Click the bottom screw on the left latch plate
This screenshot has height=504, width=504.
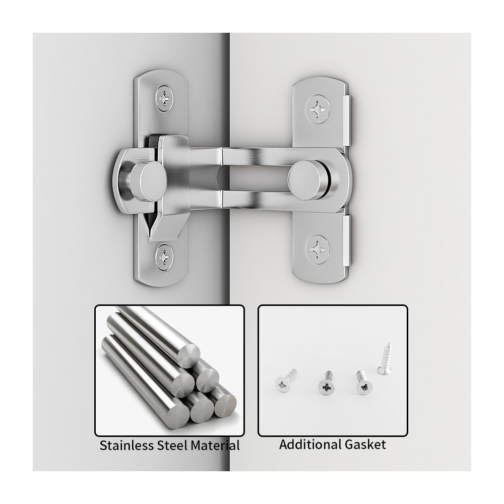pyautogui.click(x=164, y=257)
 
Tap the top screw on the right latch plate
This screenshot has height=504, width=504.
pyautogui.click(x=318, y=110)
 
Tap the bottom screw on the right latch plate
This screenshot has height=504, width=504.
pyautogui.click(x=318, y=250)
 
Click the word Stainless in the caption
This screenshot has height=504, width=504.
pyautogui.click(x=127, y=446)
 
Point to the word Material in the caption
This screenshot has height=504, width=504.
pyautogui.click(x=215, y=446)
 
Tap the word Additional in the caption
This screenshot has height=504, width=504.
pyautogui.click(x=310, y=445)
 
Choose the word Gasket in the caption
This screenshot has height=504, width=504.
pyautogui.click(x=365, y=445)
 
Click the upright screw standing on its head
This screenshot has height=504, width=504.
pyautogui.click(x=385, y=358)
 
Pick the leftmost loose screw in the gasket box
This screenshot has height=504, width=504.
pyautogui.click(x=285, y=381)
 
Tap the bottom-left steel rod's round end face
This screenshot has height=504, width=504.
pyautogui.click(x=176, y=417)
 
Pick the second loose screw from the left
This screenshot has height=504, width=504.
pyautogui.click(x=327, y=383)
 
